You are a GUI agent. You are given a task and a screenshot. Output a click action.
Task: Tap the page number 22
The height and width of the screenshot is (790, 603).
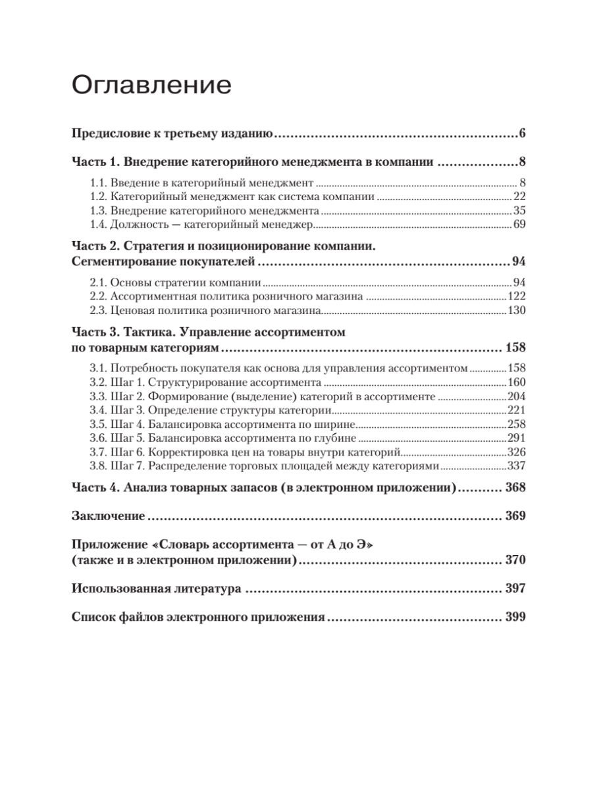point(519,197)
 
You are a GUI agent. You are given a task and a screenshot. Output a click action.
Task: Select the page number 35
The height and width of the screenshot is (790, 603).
point(519,211)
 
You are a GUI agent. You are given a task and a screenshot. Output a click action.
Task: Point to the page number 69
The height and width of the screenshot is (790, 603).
point(519,226)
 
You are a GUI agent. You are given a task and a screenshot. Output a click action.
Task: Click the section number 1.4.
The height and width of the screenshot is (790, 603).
point(97,226)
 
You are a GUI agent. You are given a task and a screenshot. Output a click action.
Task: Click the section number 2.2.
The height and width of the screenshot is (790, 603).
point(97,297)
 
